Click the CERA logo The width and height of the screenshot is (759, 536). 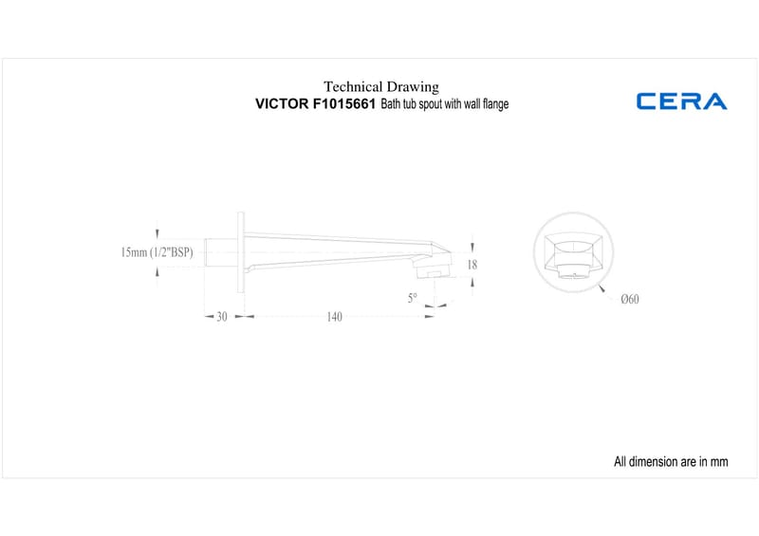click(681, 102)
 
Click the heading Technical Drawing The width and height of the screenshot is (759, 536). click(381, 86)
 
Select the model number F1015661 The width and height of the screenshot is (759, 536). click(343, 103)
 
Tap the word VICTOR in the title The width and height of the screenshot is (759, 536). click(282, 103)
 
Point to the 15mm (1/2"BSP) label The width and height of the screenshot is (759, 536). click(157, 252)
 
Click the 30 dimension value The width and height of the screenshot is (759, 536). click(222, 317)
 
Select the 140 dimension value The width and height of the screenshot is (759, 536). click(335, 317)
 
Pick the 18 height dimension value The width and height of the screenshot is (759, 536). click(472, 265)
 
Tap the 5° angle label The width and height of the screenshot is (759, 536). click(412, 298)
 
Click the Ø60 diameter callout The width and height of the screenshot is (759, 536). click(630, 299)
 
